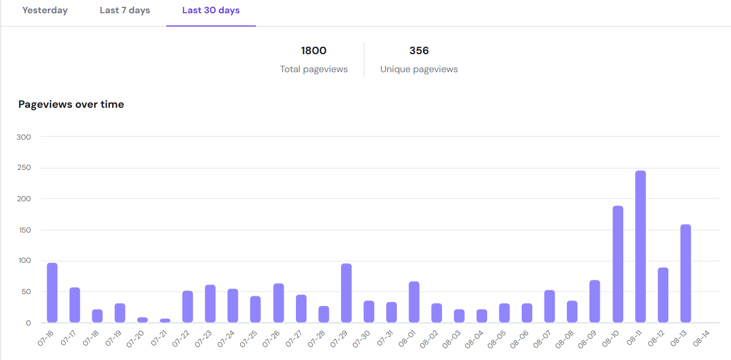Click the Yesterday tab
[x=45, y=11]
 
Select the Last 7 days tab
[x=125, y=11]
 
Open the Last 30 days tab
[x=211, y=11]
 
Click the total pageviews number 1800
[x=313, y=51]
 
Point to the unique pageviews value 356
[x=419, y=51]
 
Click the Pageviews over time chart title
[x=71, y=105]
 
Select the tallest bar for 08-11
[x=640, y=247]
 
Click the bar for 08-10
[x=618, y=264]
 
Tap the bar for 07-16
[x=52, y=293]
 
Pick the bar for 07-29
[x=346, y=293]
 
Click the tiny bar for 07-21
[x=165, y=321]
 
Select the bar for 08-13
[x=685, y=273]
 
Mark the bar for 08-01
[x=414, y=302]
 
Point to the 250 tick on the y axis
[x=24, y=168]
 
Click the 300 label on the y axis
[x=24, y=137]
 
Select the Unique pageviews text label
[x=419, y=70]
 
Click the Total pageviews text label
[x=313, y=70]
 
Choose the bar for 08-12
[x=663, y=295]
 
